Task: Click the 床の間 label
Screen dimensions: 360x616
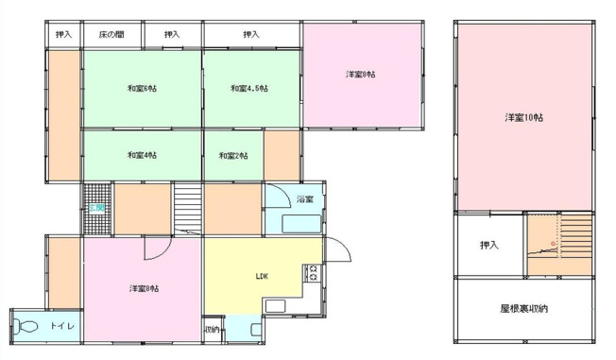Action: [x=111, y=35]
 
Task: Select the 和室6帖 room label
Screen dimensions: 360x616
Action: [x=142, y=89]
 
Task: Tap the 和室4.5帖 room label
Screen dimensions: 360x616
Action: [x=249, y=89]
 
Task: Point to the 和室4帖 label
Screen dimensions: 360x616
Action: [x=142, y=154]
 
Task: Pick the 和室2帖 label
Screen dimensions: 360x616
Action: [x=231, y=154]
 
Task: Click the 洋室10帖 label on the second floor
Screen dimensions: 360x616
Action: [x=522, y=117]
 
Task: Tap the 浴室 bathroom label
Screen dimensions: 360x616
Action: [x=304, y=199]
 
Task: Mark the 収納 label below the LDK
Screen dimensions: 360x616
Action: [x=212, y=330]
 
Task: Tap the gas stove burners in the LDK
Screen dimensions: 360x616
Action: [x=313, y=274]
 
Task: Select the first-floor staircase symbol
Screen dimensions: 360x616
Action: [x=188, y=209]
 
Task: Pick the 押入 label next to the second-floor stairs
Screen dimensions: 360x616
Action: [x=488, y=246]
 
